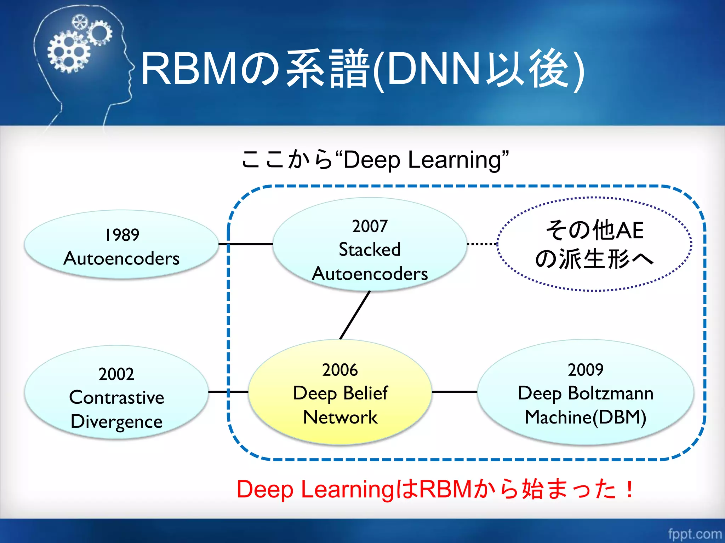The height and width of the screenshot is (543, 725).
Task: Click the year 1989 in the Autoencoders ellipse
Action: [122, 235]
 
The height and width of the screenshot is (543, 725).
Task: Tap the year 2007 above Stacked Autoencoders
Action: [370, 226]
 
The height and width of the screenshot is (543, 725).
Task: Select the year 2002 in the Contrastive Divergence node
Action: [116, 374]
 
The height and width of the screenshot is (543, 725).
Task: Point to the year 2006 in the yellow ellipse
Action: [340, 370]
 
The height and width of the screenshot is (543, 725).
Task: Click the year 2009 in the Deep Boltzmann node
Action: [586, 370]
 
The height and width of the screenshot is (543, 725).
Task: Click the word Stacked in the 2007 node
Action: [370, 250]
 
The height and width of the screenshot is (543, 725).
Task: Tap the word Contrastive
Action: [116, 398]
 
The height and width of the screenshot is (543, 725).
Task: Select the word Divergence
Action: [116, 422]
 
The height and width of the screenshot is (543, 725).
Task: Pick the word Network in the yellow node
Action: [340, 418]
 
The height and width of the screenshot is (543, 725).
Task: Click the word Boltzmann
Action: [611, 393]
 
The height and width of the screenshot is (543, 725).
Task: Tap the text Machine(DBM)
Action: [586, 418]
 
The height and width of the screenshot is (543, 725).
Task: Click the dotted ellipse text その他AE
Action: [595, 230]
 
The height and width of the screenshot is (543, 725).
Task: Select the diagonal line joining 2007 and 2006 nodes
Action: [355, 315]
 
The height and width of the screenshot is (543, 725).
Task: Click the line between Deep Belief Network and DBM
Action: [455, 392]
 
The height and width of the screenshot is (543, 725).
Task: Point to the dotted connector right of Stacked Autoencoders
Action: [482, 244]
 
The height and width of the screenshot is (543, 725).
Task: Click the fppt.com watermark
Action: [695, 533]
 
